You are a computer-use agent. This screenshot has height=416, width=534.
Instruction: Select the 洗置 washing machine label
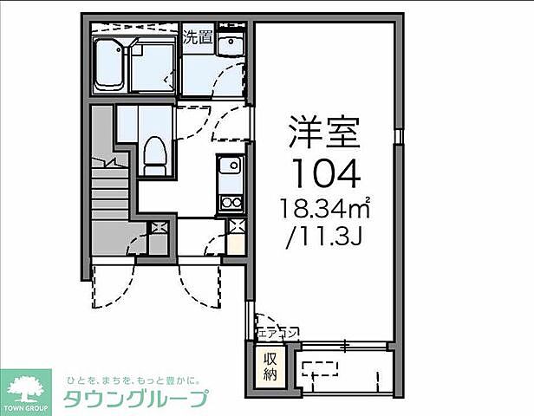[x=198, y=37]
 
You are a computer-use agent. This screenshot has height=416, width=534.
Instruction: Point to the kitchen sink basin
[x=230, y=167]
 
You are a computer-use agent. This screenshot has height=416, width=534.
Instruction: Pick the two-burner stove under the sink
[x=231, y=203]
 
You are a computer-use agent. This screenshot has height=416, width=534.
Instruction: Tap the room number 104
[x=324, y=175]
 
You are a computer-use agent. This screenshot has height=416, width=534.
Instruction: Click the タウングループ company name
[x=137, y=399]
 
